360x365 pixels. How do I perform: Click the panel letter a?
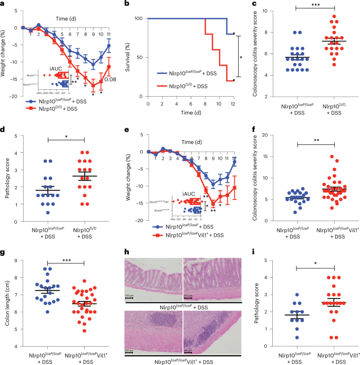click(4, 4)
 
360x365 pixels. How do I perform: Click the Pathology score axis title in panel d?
click(6, 178)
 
